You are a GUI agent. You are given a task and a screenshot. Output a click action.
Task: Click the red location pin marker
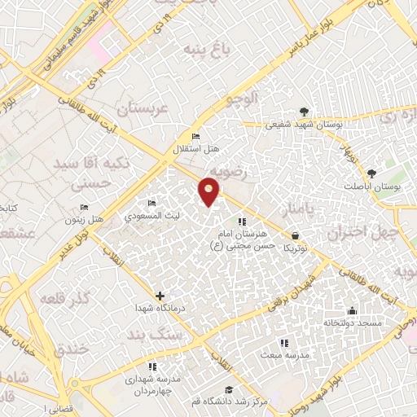coord(210,191)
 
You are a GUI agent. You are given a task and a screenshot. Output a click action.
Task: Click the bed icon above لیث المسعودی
coord(151,203)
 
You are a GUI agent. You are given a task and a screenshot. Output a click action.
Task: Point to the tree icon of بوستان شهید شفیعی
coord(304,111)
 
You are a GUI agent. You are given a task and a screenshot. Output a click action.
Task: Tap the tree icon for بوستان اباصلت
coord(371,173)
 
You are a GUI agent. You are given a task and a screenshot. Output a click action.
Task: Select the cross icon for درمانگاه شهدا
coord(159,296)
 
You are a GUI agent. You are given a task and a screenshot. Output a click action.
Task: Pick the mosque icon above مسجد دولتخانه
coord(351,310)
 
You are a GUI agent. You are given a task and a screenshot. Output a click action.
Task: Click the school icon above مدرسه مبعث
coord(283,343)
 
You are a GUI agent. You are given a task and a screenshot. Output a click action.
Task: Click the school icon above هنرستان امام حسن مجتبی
coord(241,221)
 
